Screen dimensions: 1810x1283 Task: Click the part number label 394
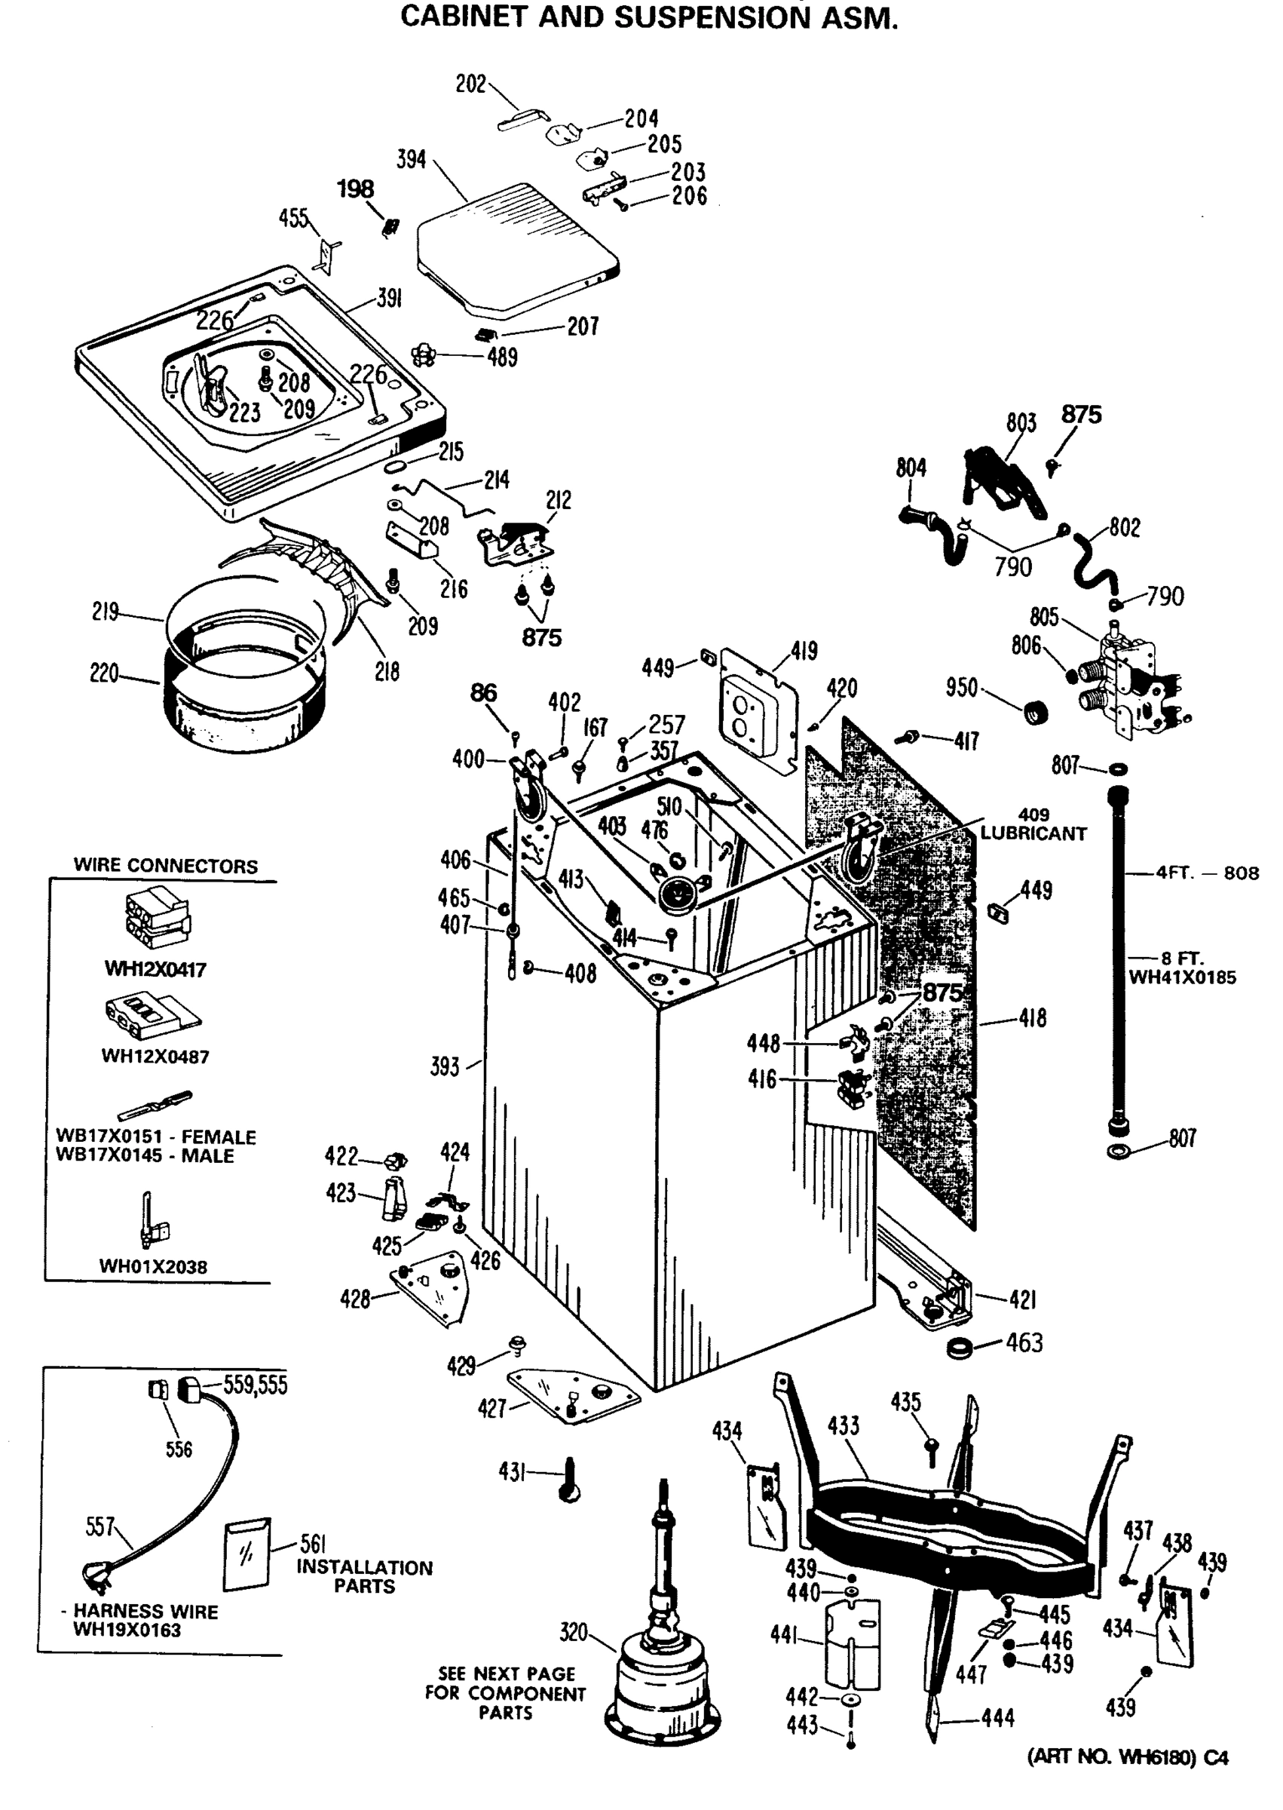coord(411,160)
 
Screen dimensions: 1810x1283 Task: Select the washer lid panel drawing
coord(517,247)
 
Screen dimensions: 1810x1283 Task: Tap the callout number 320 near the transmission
coord(574,1632)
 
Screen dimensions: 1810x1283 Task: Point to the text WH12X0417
coord(155,969)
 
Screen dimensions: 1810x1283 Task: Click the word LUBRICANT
coord(1033,834)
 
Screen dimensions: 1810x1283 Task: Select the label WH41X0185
coord(1182,977)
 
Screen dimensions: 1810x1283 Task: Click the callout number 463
coord(1024,1343)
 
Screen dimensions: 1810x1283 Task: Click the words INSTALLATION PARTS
coord(364,1577)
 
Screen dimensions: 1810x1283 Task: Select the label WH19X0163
coord(127,1631)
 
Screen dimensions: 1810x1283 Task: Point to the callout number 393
coord(444,1067)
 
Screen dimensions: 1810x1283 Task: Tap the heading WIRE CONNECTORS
coord(165,866)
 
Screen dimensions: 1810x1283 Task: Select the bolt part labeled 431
coord(570,1480)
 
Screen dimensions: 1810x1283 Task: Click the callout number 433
coord(843,1426)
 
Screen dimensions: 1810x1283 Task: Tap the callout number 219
coord(105,612)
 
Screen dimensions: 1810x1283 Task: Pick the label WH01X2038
coord(152,1267)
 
